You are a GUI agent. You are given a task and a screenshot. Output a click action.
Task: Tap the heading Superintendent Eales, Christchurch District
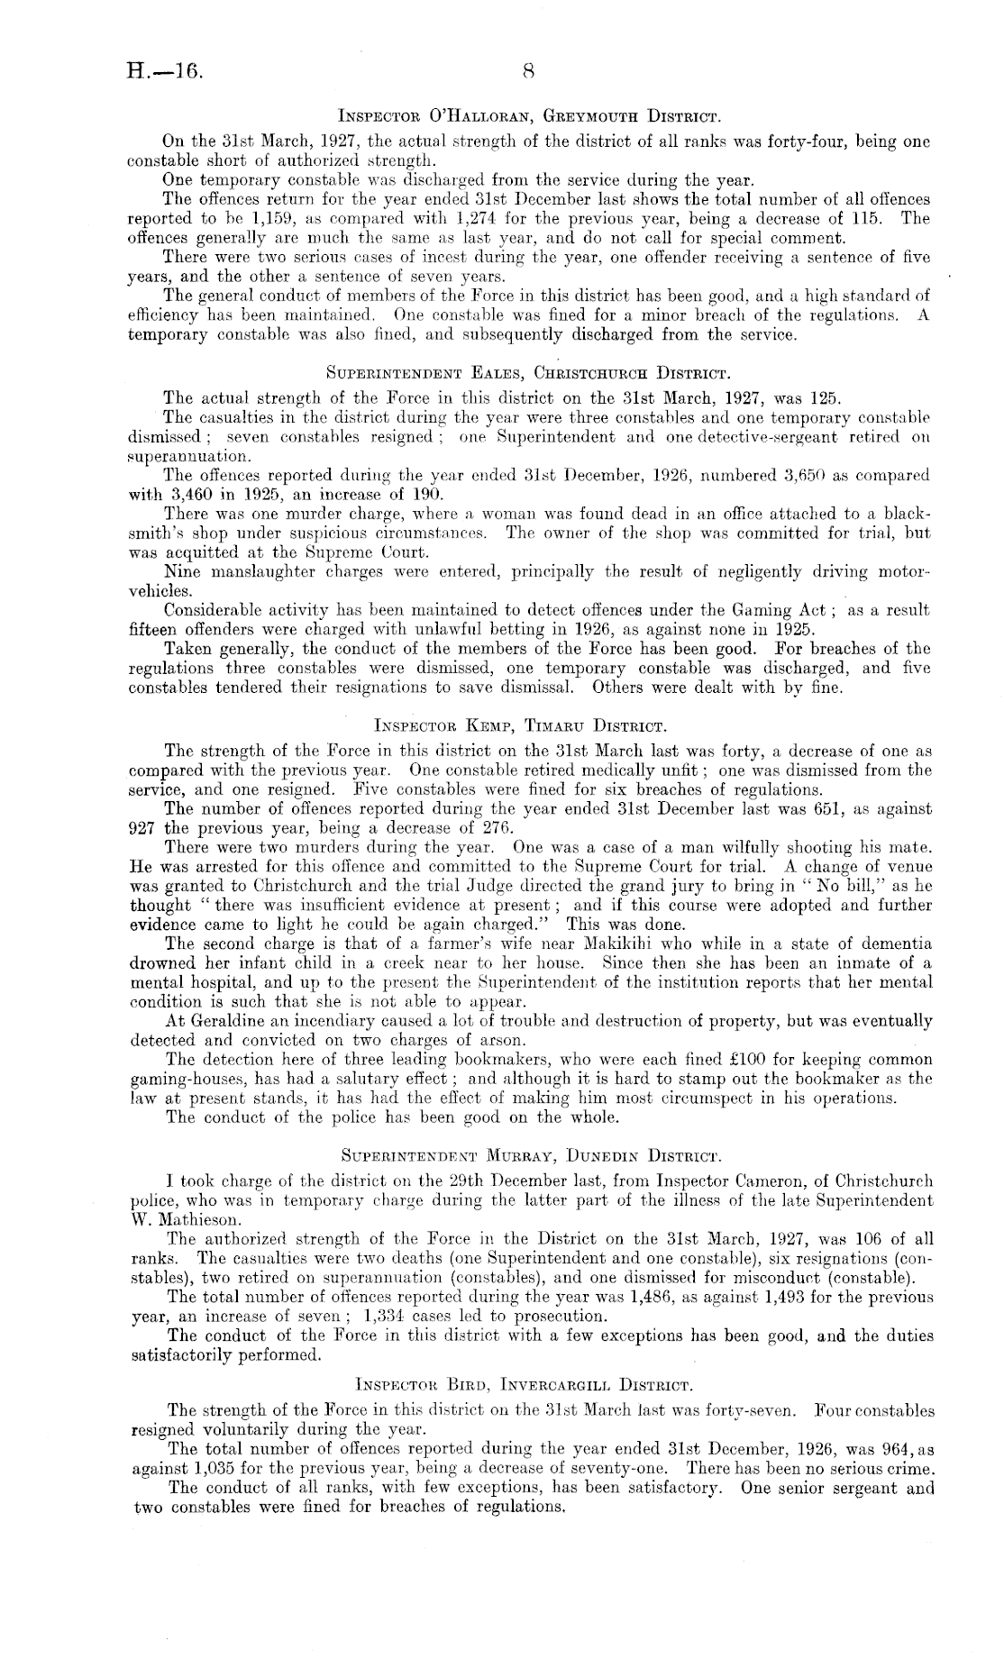[529, 370]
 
